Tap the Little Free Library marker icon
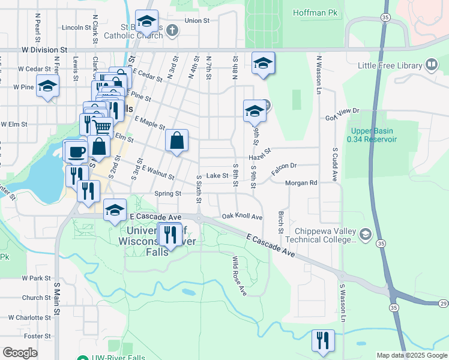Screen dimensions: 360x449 point(432,65)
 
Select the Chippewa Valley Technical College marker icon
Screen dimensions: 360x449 point(366,233)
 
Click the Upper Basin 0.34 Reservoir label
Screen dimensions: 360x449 point(372,135)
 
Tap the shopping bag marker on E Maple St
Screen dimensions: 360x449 point(177,142)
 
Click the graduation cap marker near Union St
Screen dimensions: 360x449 point(146,22)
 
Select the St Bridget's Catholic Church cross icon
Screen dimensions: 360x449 point(172,31)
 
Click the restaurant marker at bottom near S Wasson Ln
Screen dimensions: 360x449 point(323,341)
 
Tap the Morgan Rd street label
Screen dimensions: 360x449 point(301,183)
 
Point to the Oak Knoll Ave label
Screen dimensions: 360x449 point(243,216)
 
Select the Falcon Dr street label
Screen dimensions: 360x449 point(284,168)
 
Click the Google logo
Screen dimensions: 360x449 point(20,353)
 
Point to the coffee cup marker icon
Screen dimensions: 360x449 point(75,151)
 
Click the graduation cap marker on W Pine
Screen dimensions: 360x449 point(47,86)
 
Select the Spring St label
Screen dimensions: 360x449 point(167,194)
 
